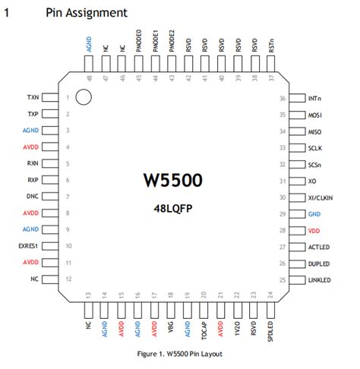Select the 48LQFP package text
pyautogui.click(x=173, y=207)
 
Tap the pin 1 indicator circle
pyautogui.click(x=84, y=97)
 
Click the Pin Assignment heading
pyautogui.click(x=86, y=13)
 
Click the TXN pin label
pyautogui.click(x=32, y=98)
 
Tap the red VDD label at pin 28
pyautogui.click(x=314, y=229)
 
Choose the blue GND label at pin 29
pyautogui.click(x=314, y=213)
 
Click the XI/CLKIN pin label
pyautogui.click(x=324, y=197)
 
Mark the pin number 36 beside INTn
pyautogui.click(x=282, y=99)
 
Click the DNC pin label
pyautogui.click(x=32, y=197)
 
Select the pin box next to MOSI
pyautogui.click(x=297, y=115)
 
